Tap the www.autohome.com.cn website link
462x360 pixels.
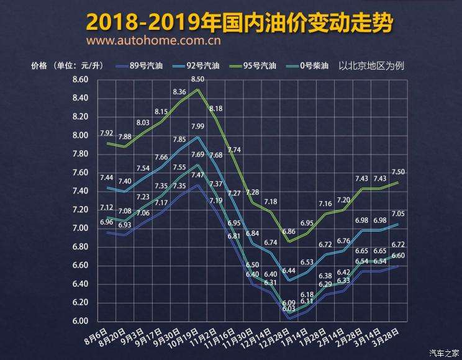[x=155, y=42]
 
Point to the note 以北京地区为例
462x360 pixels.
[x=371, y=65]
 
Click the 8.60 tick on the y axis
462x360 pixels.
[x=81, y=79]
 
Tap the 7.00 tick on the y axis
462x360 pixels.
[x=81, y=228]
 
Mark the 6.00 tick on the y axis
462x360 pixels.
[x=81, y=321]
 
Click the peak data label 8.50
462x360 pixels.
[x=197, y=79]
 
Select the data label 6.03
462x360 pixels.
[x=289, y=308]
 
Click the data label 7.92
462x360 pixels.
[x=106, y=133]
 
